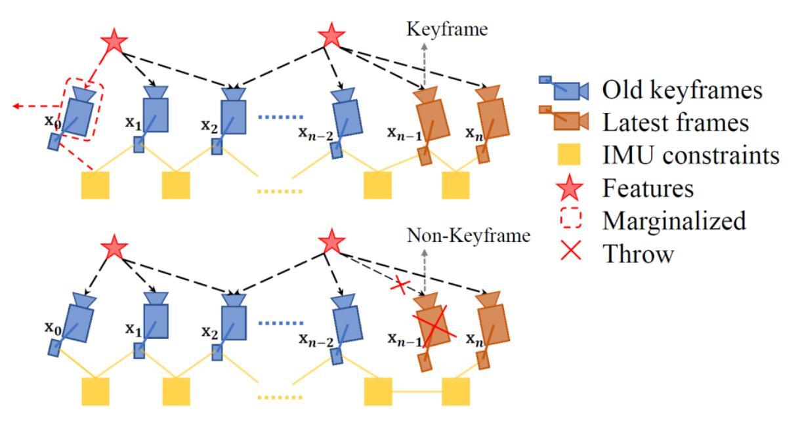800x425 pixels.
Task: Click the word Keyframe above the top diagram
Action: click(447, 29)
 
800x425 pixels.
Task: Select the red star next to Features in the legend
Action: click(570, 188)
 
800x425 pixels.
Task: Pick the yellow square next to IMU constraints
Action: click(569, 154)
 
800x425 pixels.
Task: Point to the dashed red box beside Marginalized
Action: click(571, 219)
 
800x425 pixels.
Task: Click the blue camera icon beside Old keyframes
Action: click(564, 88)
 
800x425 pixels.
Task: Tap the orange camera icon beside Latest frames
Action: click(564, 118)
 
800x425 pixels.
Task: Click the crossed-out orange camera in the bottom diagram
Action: click(431, 330)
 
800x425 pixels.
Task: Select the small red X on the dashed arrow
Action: click(400, 286)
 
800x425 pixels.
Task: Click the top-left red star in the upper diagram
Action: click(114, 42)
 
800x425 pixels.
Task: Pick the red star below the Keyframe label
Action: click(331, 35)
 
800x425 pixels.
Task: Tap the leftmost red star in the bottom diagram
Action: click(114, 247)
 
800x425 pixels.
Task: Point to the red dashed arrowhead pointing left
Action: click(16, 106)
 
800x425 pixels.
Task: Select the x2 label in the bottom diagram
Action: click(209, 333)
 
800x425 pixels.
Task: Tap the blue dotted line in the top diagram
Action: click(281, 117)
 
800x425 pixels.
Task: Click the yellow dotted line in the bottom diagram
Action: click(280, 397)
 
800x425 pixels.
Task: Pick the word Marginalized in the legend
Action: click(674, 221)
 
